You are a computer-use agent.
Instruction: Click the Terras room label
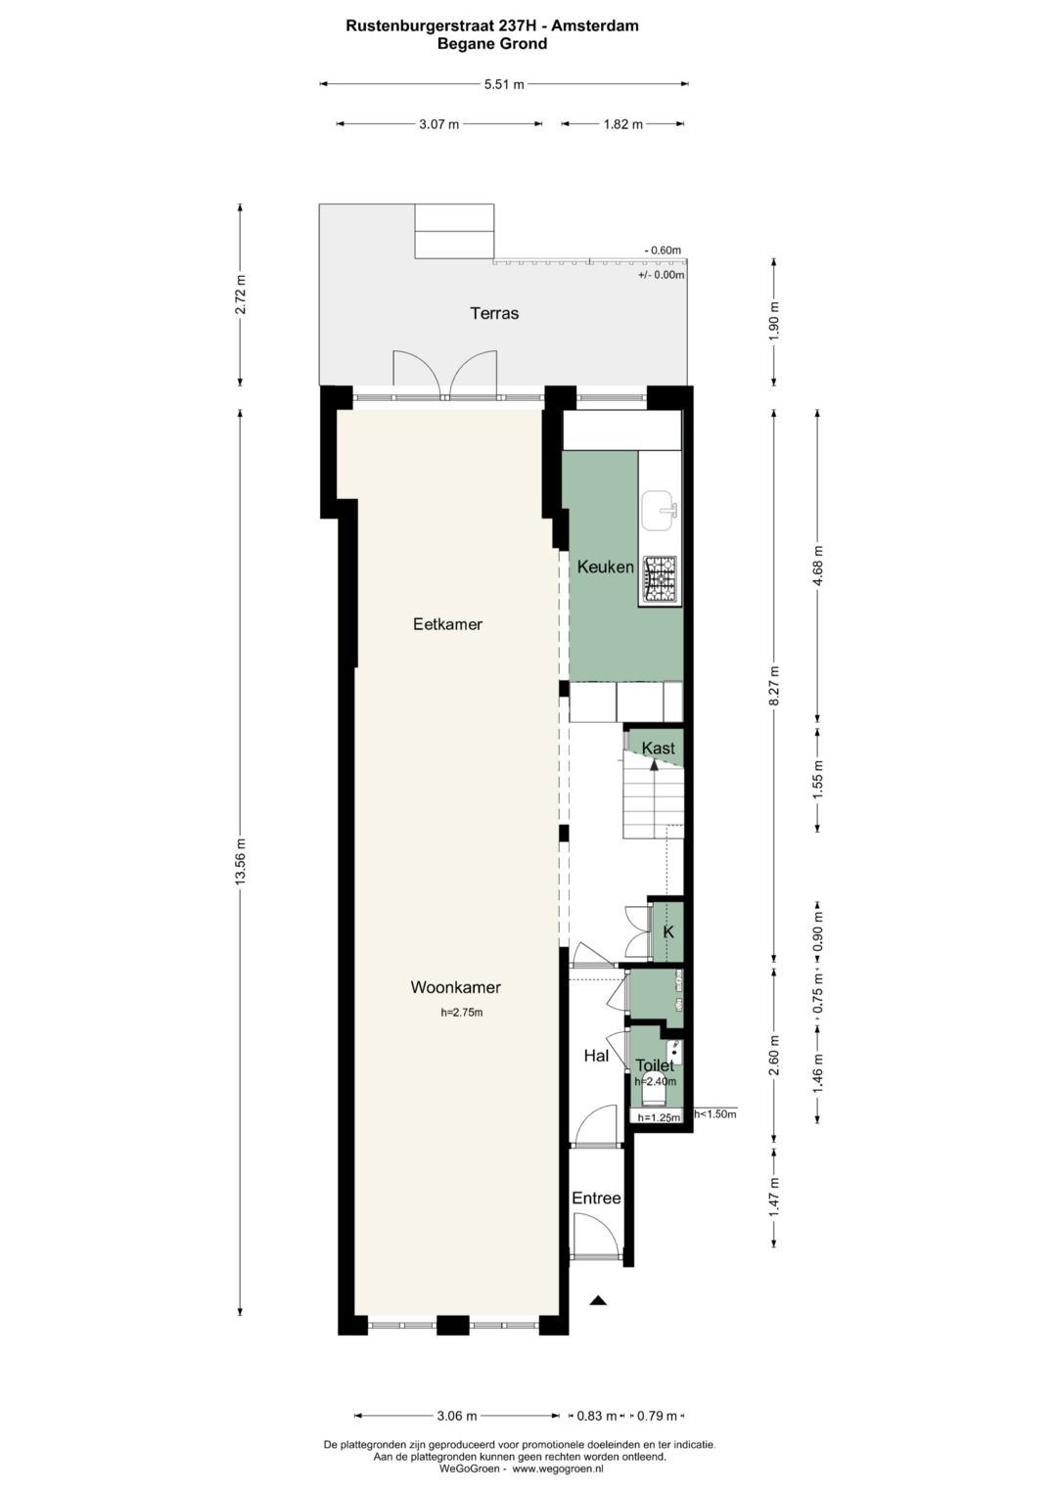(x=494, y=313)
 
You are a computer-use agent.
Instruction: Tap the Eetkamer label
(x=447, y=624)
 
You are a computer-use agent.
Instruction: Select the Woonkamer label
(x=455, y=988)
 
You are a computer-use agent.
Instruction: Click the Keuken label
(x=605, y=566)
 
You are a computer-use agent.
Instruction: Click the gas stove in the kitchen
(x=660, y=579)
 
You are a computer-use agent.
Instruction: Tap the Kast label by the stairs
(x=658, y=748)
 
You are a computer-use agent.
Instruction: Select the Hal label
(x=596, y=1056)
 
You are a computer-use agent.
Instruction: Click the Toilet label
(x=654, y=1065)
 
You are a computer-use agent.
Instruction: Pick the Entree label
(x=596, y=1199)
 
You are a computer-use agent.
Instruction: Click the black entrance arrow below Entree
(x=598, y=1300)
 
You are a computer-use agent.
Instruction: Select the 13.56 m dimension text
(x=241, y=862)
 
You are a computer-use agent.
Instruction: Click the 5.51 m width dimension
(x=504, y=84)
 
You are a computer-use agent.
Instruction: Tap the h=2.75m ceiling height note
(x=462, y=1013)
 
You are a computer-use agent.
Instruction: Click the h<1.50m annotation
(x=715, y=1113)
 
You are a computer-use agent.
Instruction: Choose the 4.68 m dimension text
(x=818, y=566)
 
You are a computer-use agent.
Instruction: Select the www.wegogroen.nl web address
(x=558, y=1469)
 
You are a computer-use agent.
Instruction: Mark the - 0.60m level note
(x=663, y=250)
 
